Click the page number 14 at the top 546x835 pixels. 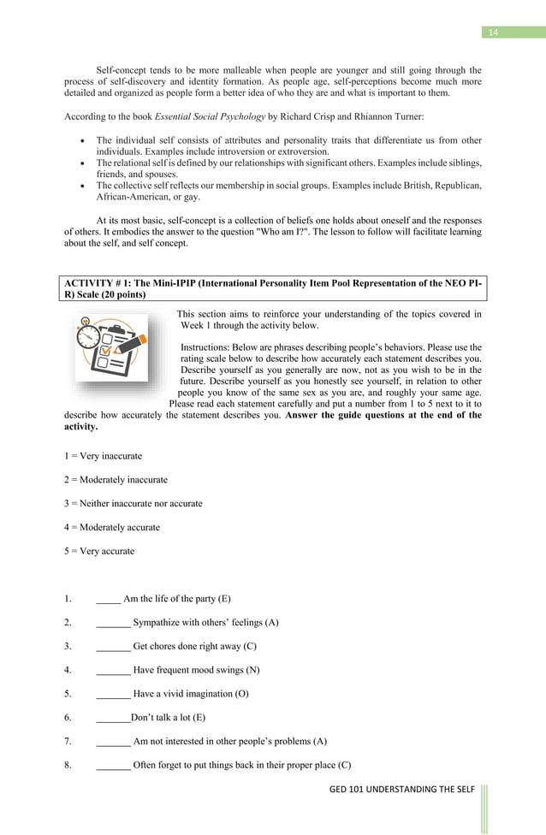click(492, 33)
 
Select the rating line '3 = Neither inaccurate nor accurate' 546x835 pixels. click(133, 503)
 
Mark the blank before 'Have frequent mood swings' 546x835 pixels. click(113, 669)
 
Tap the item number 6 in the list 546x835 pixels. click(68, 717)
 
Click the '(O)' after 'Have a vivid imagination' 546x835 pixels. click(242, 693)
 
